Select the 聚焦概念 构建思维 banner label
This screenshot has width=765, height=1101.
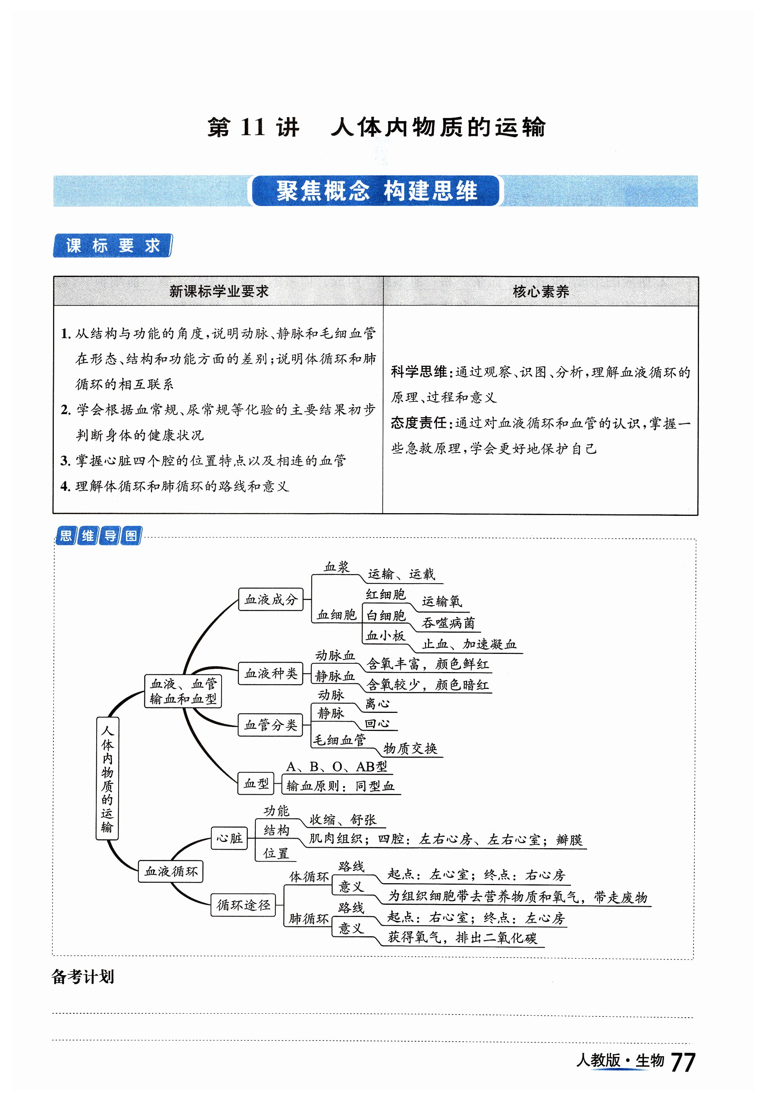point(376,191)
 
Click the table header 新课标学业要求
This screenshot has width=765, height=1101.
point(218,291)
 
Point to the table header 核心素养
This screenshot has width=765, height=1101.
point(540,291)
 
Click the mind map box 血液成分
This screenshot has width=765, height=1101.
point(271,599)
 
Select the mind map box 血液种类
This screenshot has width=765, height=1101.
point(271,673)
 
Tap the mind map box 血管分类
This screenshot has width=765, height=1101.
point(271,725)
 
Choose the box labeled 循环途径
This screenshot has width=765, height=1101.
point(243,905)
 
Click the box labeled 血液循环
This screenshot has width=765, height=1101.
point(171,871)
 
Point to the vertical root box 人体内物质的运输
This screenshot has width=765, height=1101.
point(107,778)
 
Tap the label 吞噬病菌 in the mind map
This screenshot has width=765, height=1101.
point(448,623)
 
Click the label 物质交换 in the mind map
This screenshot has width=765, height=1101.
point(410,748)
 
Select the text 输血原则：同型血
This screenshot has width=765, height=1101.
point(340,786)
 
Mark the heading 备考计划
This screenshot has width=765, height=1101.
point(83,976)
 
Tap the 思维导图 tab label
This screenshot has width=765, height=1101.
point(99,536)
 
